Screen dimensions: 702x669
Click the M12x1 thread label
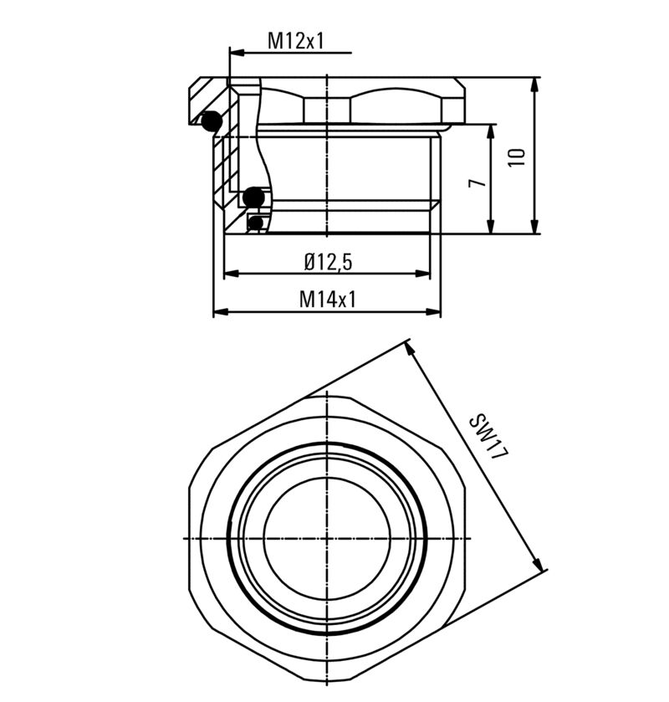[295, 40]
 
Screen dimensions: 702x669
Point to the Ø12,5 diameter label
[328, 262]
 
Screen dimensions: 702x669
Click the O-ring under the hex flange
[211, 121]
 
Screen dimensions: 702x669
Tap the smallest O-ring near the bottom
[256, 223]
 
